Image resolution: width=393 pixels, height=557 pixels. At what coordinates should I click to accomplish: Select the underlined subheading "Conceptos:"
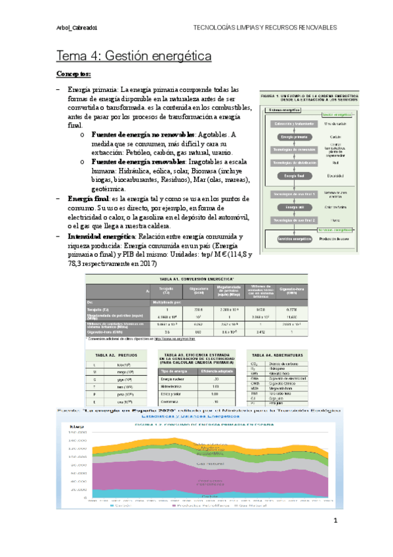[78, 74]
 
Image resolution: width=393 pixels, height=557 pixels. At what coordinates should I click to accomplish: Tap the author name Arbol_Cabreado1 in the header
[77, 28]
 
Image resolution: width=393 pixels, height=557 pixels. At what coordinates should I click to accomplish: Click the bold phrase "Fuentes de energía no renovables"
[141, 135]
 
